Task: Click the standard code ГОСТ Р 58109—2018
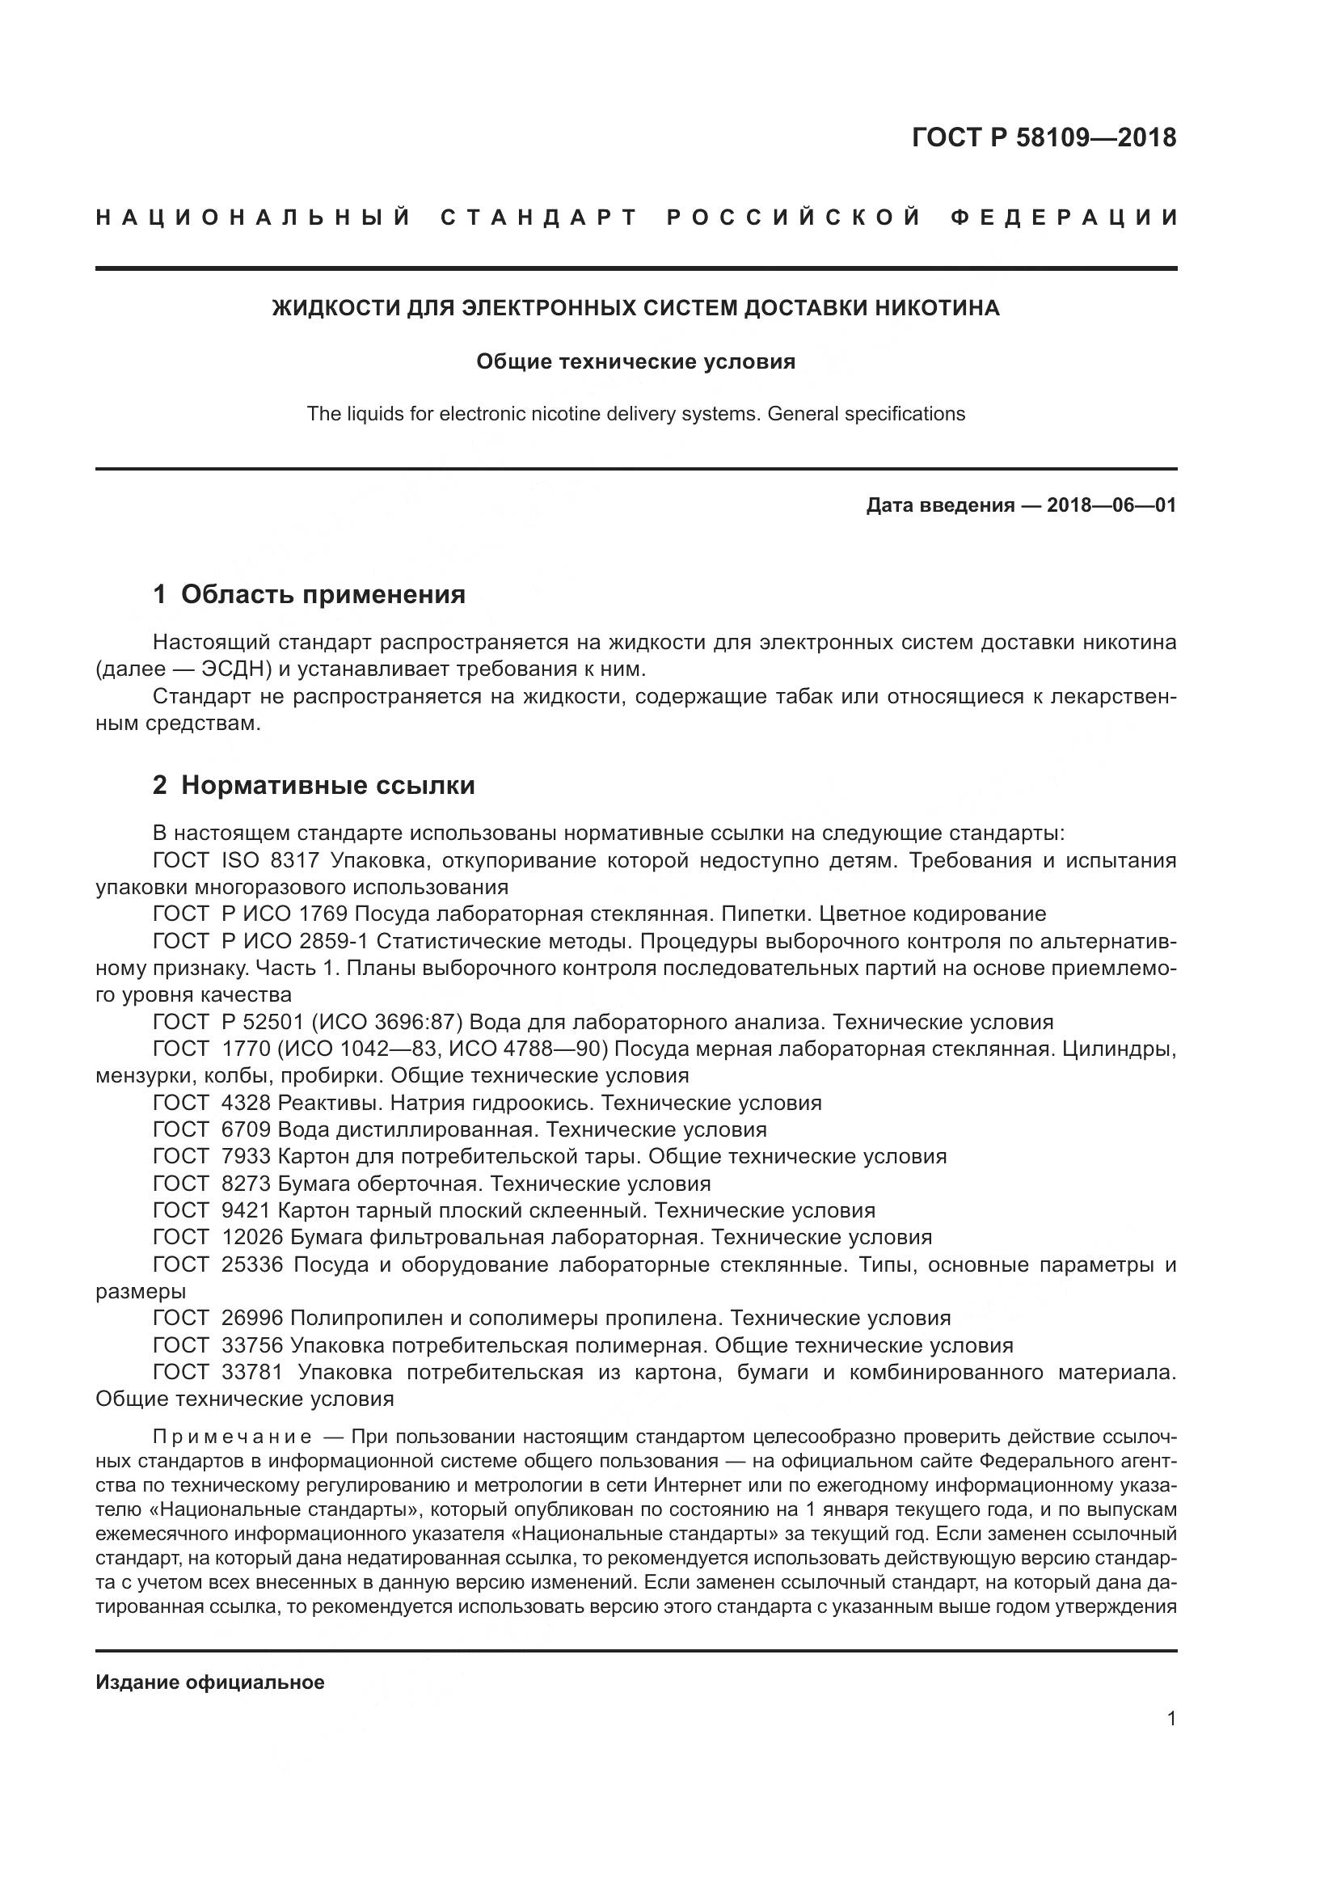1043,137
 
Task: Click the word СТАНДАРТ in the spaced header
539,218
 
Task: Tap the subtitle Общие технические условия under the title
635,362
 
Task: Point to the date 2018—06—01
1111,504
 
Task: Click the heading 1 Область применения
309,594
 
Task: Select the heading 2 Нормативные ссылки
314,785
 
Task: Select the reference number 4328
247,1103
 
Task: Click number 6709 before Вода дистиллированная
247,1129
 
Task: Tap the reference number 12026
252,1237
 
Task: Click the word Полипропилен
362,1318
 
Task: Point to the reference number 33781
252,1371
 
